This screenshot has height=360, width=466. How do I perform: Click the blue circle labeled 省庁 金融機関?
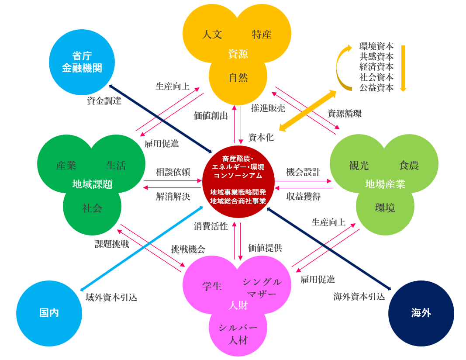click(82, 62)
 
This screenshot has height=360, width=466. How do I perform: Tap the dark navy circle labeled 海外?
click(421, 313)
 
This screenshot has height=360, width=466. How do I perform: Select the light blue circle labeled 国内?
click(49, 313)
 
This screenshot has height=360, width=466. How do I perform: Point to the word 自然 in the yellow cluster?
click(238, 78)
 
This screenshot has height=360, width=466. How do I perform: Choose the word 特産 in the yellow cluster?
click(262, 35)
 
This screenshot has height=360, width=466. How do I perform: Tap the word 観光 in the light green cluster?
click(359, 165)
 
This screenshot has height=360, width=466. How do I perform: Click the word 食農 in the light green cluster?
click(409, 165)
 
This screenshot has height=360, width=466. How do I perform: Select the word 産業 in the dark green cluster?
click(66, 165)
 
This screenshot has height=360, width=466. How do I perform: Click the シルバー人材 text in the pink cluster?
click(238, 333)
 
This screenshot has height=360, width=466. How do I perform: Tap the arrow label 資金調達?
click(104, 101)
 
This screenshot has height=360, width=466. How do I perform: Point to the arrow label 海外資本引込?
click(359, 297)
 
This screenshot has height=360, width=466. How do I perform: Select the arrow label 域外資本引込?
click(111, 298)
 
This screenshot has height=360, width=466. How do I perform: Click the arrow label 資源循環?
click(345, 113)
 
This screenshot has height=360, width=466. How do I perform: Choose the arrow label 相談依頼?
click(173, 172)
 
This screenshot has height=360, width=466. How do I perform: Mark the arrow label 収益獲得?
click(304, 197)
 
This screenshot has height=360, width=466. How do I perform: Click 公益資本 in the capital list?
click(376, 87)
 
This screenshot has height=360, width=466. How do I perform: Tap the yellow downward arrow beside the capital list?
click(403, 67)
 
